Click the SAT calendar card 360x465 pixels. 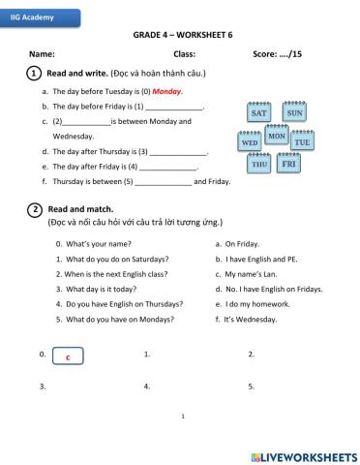tap(258, 112)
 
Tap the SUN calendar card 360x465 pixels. tap(294, 112)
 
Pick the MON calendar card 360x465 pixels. tap(275, 137)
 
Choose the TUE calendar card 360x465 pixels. tap(302, 142)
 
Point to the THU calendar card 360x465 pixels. tap(259, 165)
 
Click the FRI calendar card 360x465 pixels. tap(287, 165)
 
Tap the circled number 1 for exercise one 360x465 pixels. tap(34, 73)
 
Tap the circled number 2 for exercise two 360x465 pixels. tap(34, 208)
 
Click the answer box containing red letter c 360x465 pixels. tap(67, 357)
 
